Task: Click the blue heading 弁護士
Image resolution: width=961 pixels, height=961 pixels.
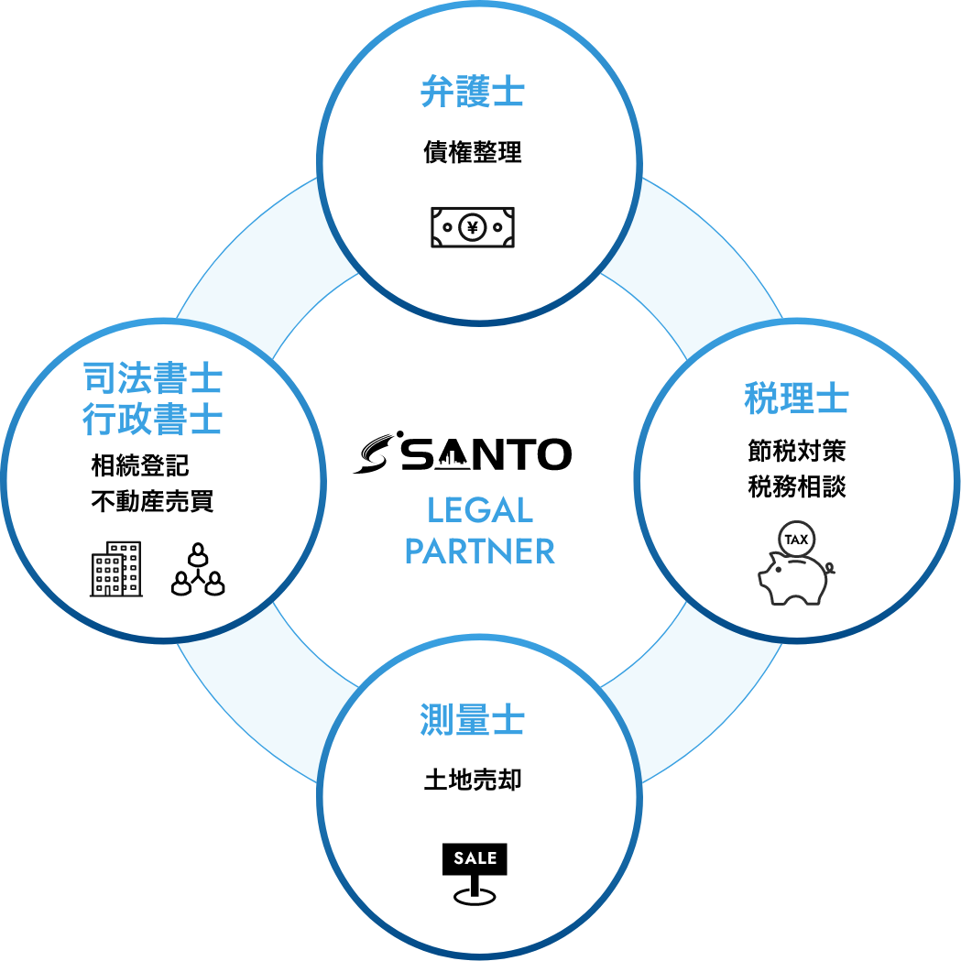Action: [x=472, y=93]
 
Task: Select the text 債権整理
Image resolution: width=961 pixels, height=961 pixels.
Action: [x=473, y=151]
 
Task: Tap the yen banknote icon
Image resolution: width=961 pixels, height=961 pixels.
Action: [x=473, y=227]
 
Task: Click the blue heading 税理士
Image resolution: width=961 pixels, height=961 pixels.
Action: [x=796, y=399]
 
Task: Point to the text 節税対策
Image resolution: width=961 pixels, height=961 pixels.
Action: [x=796, y=451]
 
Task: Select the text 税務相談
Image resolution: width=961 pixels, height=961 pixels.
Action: [x=796, y=486]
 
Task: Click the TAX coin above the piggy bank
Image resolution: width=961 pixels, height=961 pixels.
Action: [x=796, y=540]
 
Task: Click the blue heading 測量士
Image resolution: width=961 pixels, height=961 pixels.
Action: [x=472, y=721]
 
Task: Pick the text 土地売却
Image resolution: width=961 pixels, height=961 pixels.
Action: [x=473, y=781]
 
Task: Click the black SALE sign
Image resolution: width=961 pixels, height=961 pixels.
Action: [x=475, y=858]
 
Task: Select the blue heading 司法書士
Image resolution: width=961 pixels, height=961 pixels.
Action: [x=152, y=377]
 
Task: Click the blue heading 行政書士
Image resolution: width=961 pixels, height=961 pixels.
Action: [x=152, y=420]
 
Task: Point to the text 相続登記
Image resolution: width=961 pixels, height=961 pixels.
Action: [x=140, y=465]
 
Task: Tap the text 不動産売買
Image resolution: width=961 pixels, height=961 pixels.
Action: [x=152, y=502]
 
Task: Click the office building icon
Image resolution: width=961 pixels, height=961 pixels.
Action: [x=115, y=569]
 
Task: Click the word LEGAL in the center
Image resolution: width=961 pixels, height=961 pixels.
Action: [x=480, y=510]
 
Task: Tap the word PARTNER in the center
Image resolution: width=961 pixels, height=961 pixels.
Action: [x=480, y=551]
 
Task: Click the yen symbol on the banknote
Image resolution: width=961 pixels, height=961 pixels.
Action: [x=473, y=227]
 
